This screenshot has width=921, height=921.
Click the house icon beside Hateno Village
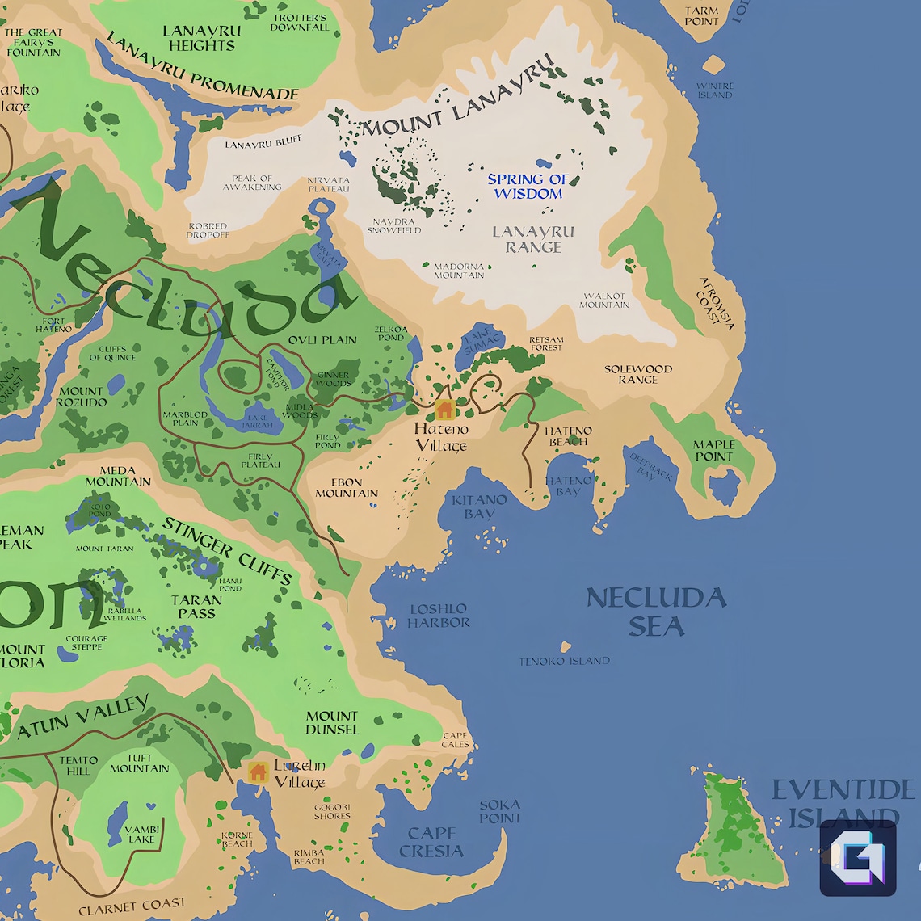point(444,410)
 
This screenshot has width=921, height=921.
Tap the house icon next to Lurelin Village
point(258,772)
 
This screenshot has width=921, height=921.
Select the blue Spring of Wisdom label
point(528,187)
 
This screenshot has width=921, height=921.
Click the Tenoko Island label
point(564,661)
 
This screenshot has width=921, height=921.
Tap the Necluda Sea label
point(656,612)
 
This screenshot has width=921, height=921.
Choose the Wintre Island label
point(715,90)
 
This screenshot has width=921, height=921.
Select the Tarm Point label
point(701,16)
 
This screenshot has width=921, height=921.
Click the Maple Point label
point(714,451)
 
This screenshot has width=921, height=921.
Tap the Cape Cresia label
point(431,842)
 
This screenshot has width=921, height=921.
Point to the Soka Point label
point(500,811)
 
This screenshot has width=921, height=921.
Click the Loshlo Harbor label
point(438,616)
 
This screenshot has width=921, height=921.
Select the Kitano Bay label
point(479,507)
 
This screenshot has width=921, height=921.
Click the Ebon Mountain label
point(347,488)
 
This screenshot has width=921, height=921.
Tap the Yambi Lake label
point(141,834)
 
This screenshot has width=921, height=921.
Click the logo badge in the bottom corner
point(858,858)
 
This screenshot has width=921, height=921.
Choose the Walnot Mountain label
point(604,300)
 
